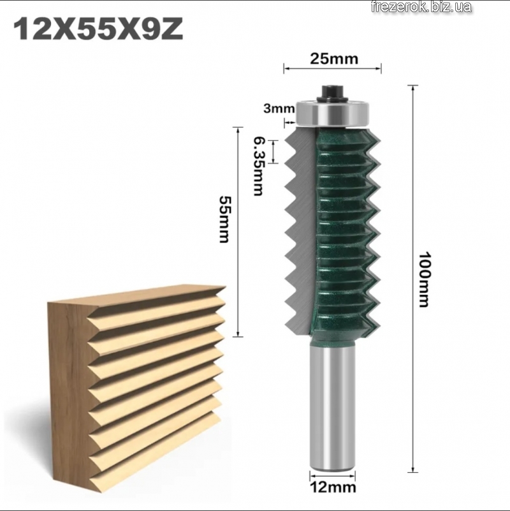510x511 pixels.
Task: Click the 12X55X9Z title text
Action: tap(98, 29)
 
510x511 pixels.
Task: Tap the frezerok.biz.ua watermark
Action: tap(421, 7)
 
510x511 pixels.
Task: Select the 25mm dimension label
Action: tap(334, 59)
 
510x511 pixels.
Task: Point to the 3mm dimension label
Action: tap(279, 108)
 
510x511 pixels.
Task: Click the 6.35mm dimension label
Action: tap(258, 166)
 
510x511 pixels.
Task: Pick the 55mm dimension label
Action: tap(224, 219)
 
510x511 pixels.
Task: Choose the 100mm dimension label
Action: tap(424, 279)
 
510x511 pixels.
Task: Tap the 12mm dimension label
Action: tap(333, 487)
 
